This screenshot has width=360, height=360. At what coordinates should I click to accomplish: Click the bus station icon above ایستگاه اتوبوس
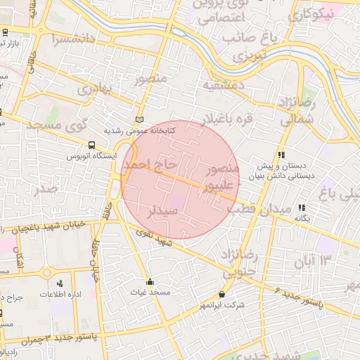(91, 146)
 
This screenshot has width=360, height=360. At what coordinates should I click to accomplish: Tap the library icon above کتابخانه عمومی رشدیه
(139, 120)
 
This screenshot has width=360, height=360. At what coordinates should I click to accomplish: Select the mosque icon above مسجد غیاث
(149, 281)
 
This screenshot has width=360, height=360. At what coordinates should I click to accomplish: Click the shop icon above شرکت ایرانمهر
(223, 295)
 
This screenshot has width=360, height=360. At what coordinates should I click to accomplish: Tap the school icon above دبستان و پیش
(281, 155)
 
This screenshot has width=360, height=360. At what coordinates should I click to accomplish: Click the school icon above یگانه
(302, 207)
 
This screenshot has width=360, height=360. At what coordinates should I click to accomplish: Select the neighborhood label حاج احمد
(147, 165)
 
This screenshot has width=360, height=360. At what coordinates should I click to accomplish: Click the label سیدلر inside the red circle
(162, 210)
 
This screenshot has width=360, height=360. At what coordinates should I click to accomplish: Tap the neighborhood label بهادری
(94, 89)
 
